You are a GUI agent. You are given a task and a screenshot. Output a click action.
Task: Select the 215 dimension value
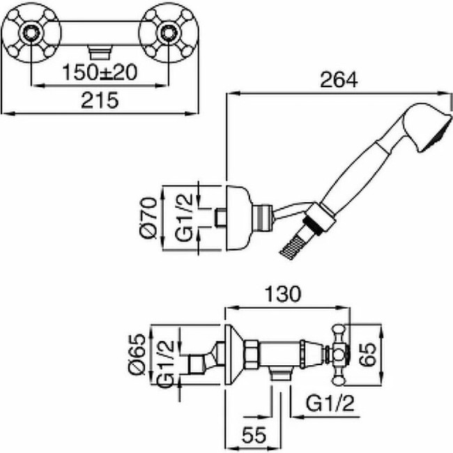pos(100,100)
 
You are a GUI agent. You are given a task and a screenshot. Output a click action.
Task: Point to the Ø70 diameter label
pos(148,218)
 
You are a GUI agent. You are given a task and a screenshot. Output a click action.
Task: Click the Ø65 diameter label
pos(137,355)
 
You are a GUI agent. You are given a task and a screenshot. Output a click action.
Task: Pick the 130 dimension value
pos(283,295)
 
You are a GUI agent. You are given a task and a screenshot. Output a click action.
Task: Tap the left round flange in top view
pos(31,32)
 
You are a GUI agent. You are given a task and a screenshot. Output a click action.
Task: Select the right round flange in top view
pos(168,32)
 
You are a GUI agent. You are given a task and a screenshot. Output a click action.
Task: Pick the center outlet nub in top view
pos(99,50)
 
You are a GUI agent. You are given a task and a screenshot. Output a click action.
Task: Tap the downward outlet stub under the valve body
pos(280,376)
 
